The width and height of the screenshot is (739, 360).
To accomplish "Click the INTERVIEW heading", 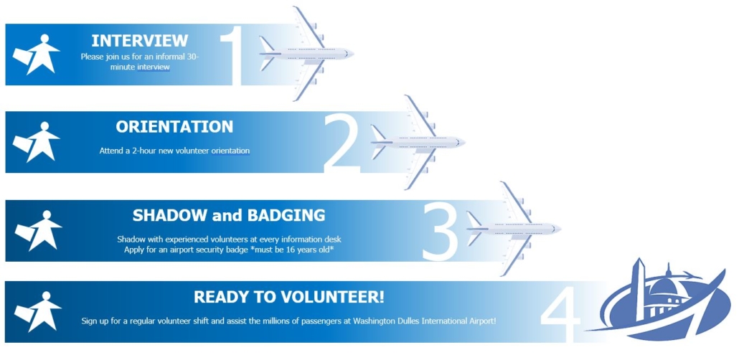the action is click(139, 41).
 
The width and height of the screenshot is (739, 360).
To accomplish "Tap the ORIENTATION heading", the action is click(174, 127).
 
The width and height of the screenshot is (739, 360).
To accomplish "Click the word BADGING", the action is click(286, 215).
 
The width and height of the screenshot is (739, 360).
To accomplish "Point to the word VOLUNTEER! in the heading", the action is click(332, 297).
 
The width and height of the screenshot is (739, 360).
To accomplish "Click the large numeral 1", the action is click(232, 57).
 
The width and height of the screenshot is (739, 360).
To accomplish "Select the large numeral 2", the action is click(343, 143).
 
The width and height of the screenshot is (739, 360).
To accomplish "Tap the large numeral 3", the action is click(441, 232).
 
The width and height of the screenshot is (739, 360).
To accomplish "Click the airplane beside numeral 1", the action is click(306, 54).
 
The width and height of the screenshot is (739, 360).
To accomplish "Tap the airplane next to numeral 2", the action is click(418, 142).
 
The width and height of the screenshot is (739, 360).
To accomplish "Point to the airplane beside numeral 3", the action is click(513, 229).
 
